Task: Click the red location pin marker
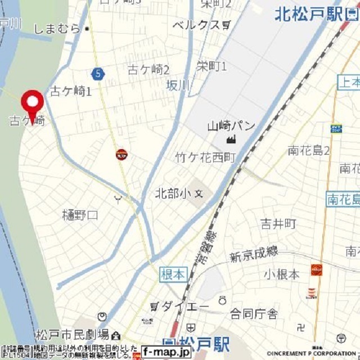[x=32, y=102]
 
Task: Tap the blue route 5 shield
[x=98, y=73]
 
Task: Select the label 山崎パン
[x=231, y=126]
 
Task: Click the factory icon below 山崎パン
[x=229, y=139]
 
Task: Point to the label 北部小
[x=173, y=194]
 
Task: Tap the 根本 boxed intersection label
[x=173, y=274]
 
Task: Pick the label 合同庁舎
[x=253, y=314]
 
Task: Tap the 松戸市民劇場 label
[x=72, y=335]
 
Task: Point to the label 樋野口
[x=80, y=215]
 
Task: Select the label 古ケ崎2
[x=148, y=70]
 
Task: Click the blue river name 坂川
[x=178, y=85]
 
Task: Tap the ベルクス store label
[x=196, y=25]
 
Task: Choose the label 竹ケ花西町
[x=205, y=158]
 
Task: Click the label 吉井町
[x=278, y=224]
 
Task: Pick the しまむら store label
[x=57, y=28]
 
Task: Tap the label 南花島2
[x=309, y=150]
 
